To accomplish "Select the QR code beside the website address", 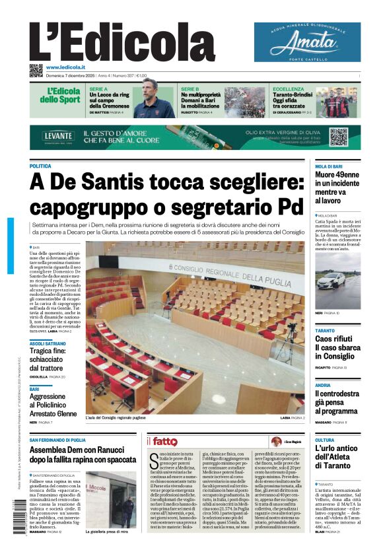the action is pyautogui.click(x=36, y=70).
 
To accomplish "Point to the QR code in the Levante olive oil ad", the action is pyautogui.click(x=338, y=137).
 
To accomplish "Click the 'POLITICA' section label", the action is pyautogui.click(x=40, y=166).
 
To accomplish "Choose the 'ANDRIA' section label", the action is pyautogui.click(x=323, y=385).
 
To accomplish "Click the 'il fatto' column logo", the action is pyautogui.click(x=162, y=441).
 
